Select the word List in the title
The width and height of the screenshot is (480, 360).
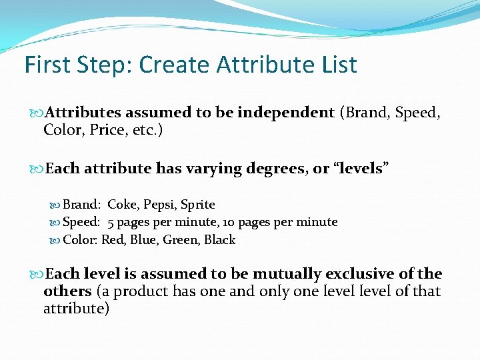[x=338, y=65]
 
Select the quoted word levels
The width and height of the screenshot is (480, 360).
[x=360, y=169]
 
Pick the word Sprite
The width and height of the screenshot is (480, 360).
[x=198, y=205]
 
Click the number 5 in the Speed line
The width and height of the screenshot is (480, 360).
[x=111, y=222]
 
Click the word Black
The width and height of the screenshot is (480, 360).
[x=220, y=240]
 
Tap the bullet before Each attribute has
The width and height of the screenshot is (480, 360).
[x=37, y=169]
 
